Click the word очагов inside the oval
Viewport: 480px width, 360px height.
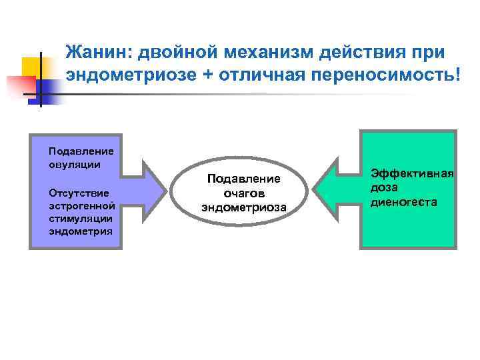(244, 193)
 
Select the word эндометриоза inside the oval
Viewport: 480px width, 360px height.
(244, 207)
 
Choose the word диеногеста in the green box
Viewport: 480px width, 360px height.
(404, 201)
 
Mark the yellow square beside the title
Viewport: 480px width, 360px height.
(31, 67)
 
